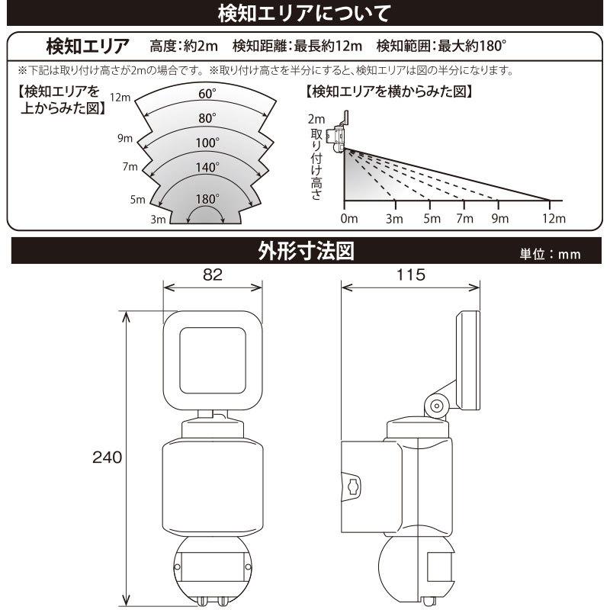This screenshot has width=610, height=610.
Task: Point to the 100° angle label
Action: point(207,143)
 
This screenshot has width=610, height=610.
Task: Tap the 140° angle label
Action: point(207,167)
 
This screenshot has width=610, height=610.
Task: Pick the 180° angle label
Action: point(206,199)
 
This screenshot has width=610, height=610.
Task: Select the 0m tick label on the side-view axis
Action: point(348,219)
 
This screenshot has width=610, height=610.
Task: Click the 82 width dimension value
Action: point(213,276)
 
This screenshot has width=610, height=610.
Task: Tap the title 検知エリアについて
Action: point(304,14)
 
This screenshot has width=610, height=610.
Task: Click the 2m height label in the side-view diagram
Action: point(316,119)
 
